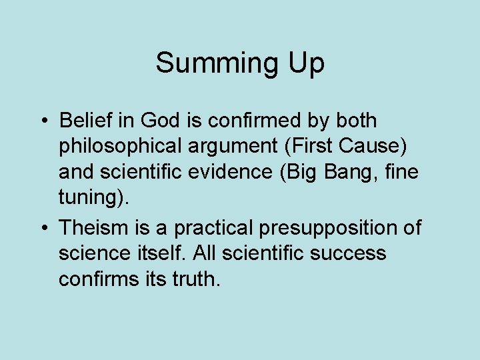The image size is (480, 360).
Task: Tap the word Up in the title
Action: (x=304, y=64)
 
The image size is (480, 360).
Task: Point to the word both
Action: (x=353, y=121)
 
